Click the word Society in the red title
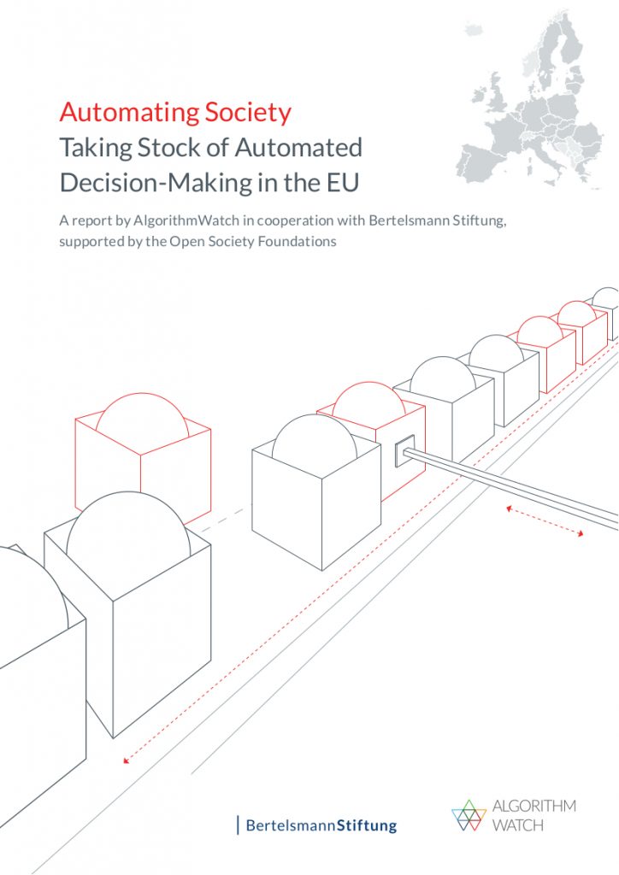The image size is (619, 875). click(x=249, y=114)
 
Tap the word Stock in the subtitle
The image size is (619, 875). click(x=182, y=148)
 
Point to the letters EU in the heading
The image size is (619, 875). click(x=342, y=183)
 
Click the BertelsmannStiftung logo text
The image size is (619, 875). click(x=321, y=825)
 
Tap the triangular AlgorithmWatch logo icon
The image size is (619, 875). click(x=469, y=815)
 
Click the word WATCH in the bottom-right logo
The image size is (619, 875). click(x=517, y=825)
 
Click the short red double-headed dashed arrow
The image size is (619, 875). click(x=545, y=521)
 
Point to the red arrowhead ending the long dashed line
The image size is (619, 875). click(x=127, y=760)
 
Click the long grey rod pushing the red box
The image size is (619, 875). click(x=510, y=485)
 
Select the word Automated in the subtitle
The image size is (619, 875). click(x=298, y=148)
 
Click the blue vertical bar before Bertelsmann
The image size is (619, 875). click(x=239, y=825)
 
